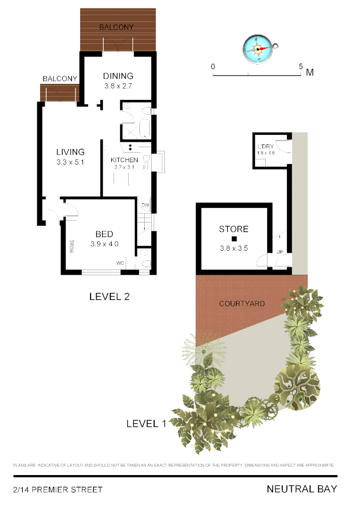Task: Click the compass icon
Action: pos(259,49)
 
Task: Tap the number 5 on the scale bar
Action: pos(301,66)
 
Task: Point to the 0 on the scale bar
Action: pos(213,66)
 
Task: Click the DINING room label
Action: pos(118,76)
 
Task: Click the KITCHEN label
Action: pos(124,160)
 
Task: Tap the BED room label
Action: pos(104,234)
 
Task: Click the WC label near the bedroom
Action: pos(121,263)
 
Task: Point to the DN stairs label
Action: pos(146,205)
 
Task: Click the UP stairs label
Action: pos(280,252)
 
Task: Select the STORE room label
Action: pos(233,230)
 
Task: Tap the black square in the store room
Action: pos(233,239)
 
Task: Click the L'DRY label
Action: pos(266,147)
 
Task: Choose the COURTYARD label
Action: pos(242,304)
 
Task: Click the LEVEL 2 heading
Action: pos(109,296)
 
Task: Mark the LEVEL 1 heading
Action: pos(146,424)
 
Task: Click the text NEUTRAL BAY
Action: pos(302,489)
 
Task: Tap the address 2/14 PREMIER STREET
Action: pos(57,490)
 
